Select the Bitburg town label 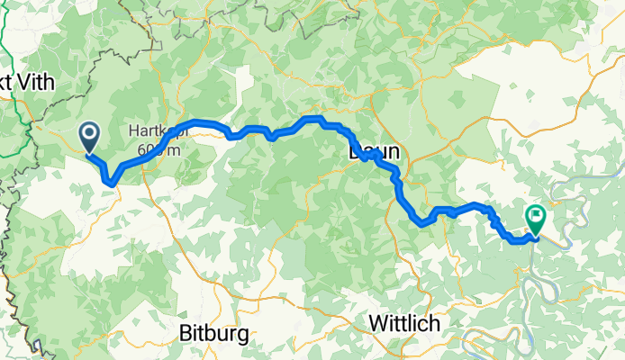tap(214, 332)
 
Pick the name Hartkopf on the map tap(161, 130)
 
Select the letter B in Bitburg tap(186, 332)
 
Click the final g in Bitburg tap(243, 335)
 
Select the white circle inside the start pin tap(91, 134)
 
